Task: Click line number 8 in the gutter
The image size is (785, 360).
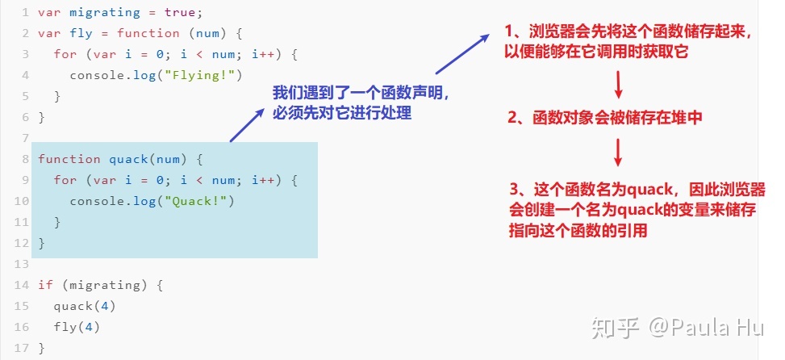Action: pos(26,159)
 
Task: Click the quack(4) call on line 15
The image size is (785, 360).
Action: pos(85,306)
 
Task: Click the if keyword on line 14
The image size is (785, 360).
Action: pos(45,285)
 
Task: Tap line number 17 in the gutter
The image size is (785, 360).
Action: pos(23,348)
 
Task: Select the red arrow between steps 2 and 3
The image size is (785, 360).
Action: pos(619,153)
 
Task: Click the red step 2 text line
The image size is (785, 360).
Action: pos(605,118)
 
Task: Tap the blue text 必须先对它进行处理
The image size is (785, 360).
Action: pos(343,114)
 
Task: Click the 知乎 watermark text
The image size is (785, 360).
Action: pos(615,327)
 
